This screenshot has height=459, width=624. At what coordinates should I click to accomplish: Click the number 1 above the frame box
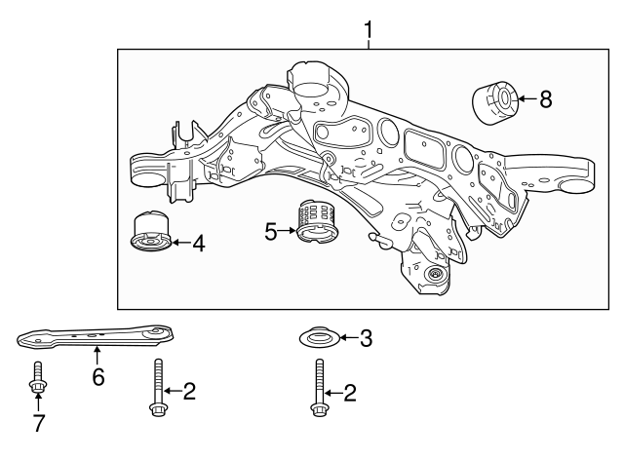click(369, 30)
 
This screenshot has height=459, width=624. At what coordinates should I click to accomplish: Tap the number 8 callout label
click(545, 97)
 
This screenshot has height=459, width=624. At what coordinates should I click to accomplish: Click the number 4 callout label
click(198, 244)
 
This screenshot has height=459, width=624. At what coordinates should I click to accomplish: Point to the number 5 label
click(271, 231)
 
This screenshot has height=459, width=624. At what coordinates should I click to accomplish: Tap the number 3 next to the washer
click(366, 339)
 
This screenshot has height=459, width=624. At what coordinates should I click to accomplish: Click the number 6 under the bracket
click(97, 377)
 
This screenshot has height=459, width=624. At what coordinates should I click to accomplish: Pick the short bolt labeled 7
click(36, 380)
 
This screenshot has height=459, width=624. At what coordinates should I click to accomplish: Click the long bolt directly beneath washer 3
click(319, 389)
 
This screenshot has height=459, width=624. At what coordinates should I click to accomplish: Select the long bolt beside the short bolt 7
click(157, 387)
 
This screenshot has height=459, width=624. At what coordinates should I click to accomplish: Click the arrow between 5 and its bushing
click(288, 231)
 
